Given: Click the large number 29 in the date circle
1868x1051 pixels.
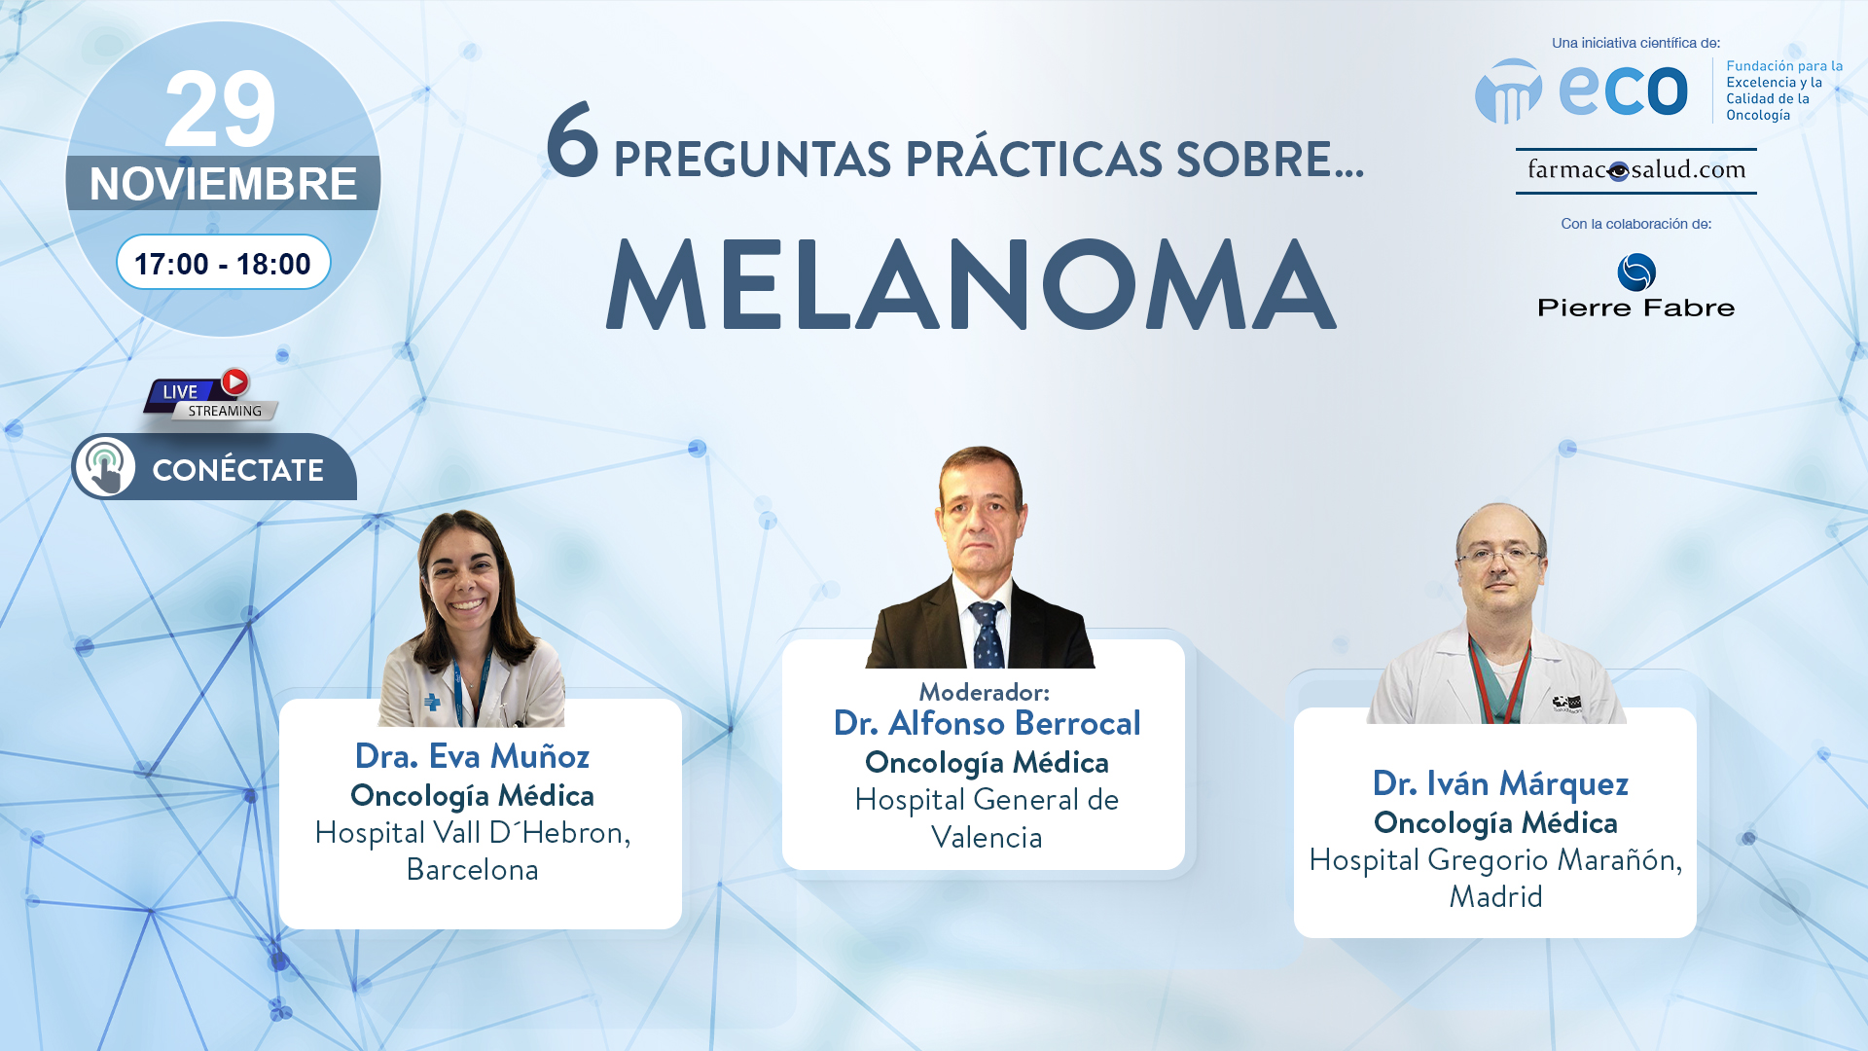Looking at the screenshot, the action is [x=221, y=109].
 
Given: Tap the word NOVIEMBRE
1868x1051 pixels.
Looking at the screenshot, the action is [x=223, y=184].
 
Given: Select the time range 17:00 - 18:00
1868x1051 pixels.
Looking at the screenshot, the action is [x=223, y=264].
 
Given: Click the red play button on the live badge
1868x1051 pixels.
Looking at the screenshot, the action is [x=234, y=381].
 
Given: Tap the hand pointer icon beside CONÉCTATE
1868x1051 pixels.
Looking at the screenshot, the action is [x=104, y=467].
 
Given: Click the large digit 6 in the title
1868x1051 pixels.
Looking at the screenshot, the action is [x=572, y=140].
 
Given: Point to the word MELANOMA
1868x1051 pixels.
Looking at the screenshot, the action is [x=971, y=284].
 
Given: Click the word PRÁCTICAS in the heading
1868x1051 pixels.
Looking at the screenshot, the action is [x=1033, y=160].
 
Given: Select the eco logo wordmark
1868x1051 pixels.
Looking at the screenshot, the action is [x=1623, y=90].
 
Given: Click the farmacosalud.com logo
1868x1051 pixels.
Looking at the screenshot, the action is [x=1636, y=170].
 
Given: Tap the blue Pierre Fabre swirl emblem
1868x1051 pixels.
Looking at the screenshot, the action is [x=1636, y=272].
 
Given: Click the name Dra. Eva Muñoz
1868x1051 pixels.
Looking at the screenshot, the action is [x=472, y=756].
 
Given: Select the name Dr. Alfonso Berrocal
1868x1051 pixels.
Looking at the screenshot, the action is [x=987, y=723].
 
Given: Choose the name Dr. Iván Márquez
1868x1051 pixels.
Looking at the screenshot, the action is [x=1500, y=783].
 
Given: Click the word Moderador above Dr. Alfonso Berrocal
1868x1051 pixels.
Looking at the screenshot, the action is [x=984, y=692].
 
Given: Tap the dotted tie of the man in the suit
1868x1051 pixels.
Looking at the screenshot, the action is [x=987, y=634].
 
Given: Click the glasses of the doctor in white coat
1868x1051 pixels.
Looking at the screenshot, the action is [x=1498, y=557].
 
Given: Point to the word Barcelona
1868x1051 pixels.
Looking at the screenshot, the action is [x=472, y=869].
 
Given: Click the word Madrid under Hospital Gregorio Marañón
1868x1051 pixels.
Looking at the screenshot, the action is [x=1495, y=896].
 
